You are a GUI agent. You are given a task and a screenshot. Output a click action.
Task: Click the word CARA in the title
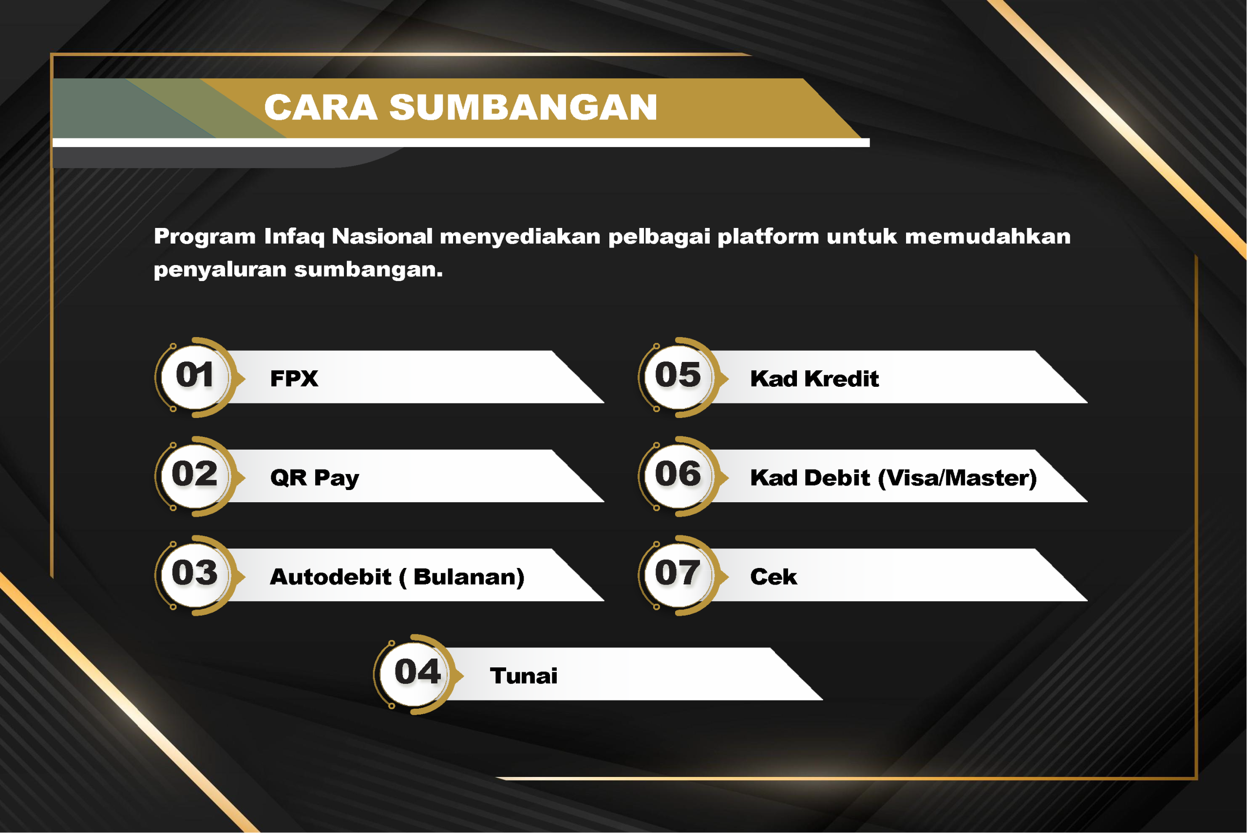[321, 107]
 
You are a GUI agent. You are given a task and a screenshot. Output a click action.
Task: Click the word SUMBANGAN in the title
[523, 107]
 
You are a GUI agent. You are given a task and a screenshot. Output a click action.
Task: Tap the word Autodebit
[331, 577]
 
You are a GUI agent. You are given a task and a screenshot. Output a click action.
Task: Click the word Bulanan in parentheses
[463, 577]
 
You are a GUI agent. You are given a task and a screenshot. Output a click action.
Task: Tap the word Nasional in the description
[382, 236]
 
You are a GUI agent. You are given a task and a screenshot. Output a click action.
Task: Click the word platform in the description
[769, 236]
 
